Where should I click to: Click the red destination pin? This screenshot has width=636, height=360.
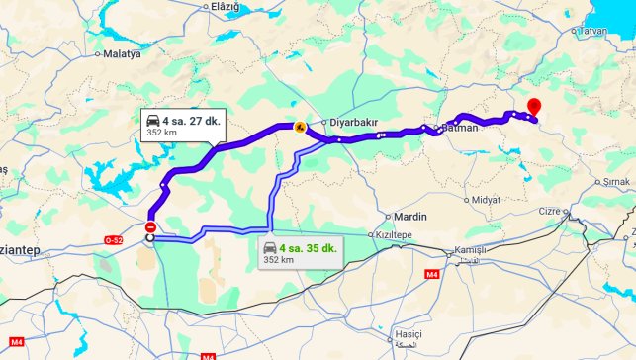(x=534, y=107)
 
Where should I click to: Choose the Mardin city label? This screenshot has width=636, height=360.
(x=409, y=216)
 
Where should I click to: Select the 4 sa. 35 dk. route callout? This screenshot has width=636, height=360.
(x=301, y=253)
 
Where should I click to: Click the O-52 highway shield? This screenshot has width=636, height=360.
(x=115, y=240)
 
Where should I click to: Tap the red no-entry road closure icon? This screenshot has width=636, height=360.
(x=150, y=226)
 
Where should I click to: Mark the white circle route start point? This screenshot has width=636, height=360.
(x=150, y=237)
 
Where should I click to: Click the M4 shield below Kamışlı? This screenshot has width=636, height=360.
(x=431, y=274)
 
